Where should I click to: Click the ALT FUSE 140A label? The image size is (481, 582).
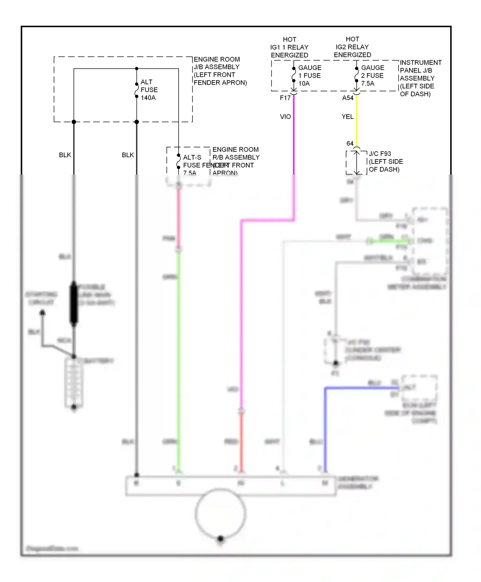click(x=149, y=90)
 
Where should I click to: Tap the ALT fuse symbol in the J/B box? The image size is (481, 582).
click(x=137, y=90)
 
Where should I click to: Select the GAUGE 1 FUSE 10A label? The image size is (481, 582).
click(x=309, y=76)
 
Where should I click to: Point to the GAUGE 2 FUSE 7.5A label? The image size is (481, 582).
click(x=372, y=76)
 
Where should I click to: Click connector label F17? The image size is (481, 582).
click(x=285, y=98)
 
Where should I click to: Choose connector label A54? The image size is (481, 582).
click(x=348, y=98)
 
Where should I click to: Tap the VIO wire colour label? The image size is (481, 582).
click(x=285, y=117)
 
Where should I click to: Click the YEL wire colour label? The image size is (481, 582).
click(x=348, y=117)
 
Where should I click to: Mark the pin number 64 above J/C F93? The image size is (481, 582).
click(x=350, y=143)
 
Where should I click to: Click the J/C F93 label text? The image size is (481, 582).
click(x=380, y=154)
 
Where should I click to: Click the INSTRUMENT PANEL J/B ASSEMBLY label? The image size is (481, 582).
click(x=420, y=78)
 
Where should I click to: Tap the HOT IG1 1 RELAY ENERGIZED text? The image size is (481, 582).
click(x=289, y=47)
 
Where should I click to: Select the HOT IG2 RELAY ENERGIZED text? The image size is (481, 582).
click(x=352, y=47)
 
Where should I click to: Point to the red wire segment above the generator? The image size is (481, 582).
click(x=241, y=443)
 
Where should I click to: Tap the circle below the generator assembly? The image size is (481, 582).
click(x=220, y=513)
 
